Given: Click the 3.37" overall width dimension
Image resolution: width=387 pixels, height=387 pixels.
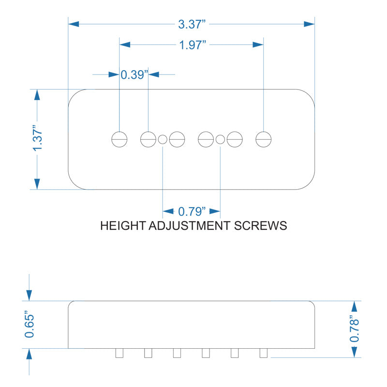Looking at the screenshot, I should coord(192,24).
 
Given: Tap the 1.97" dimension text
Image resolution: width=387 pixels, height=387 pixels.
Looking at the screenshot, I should coord(193,45).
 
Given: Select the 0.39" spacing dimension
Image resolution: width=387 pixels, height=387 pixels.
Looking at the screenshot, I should coord(134,75).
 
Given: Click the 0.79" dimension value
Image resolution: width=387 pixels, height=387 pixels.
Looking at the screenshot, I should coord(192,211).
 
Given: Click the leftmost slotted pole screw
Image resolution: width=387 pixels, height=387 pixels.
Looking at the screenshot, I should coord(119,139).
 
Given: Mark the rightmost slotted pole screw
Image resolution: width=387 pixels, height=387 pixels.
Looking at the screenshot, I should coord(264,139).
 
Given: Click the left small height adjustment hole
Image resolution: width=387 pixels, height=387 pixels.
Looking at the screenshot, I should coord(163,139).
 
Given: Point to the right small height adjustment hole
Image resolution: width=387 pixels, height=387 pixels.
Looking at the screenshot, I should coord(220,139).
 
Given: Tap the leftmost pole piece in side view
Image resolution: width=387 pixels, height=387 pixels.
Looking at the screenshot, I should coord(119,353).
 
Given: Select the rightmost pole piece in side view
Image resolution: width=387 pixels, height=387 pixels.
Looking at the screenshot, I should coord(264,353).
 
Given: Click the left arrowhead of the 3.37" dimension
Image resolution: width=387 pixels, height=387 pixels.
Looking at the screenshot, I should coord(74,24).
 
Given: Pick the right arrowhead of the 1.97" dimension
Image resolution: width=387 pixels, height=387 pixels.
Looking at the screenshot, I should coord(258,45).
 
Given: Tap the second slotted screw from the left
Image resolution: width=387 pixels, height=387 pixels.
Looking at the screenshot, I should coord(148,139).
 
